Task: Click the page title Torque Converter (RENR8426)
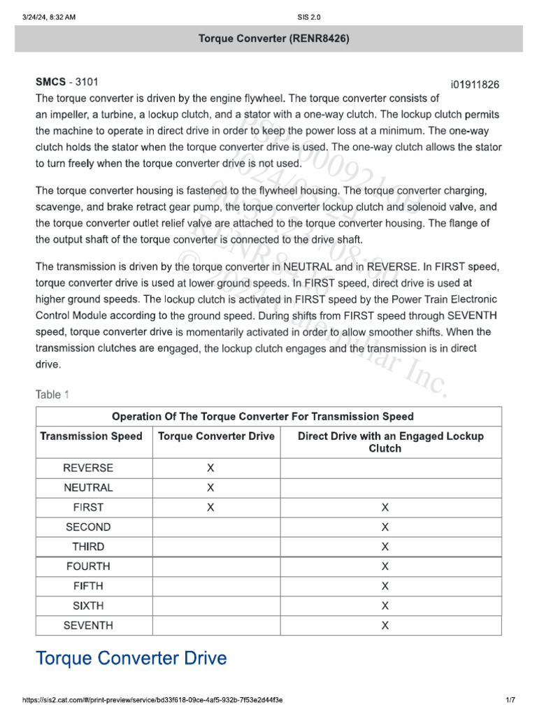pyautogui.click(x=268, y=38)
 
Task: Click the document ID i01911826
pyautogui.click(x=475, y=85)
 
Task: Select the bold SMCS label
pyautogui.click(x=50, y=83)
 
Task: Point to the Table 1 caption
pyautogui.click(x=52, y=395)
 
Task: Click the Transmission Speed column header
pyautogui.click(x=91, y=436)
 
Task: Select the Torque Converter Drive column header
pyautogui.click(x=217, y=436)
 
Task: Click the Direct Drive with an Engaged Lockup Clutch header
pyautogui.click(x=391, y=442)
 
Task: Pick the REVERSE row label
pyautogui.click(x=88, y=468)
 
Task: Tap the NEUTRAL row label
pyautogui.click(x=88, y=487)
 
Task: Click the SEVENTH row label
pyautogui.click(x=88, y=625)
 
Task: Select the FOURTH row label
pyautogui.click(x=88, y=566)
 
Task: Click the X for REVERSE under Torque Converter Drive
pyautogui.click(x=210, y=468)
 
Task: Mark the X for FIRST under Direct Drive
pyautogui.click(x=385, y=508)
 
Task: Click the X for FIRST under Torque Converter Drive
pyautogui.click(x=210, y=508)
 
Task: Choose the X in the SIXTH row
pyautogui.click(x=385, y=606)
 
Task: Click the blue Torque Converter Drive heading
pyautogui.click(x=131, y=658)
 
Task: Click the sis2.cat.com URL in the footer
pyautogui.click(x=143, y=700)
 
